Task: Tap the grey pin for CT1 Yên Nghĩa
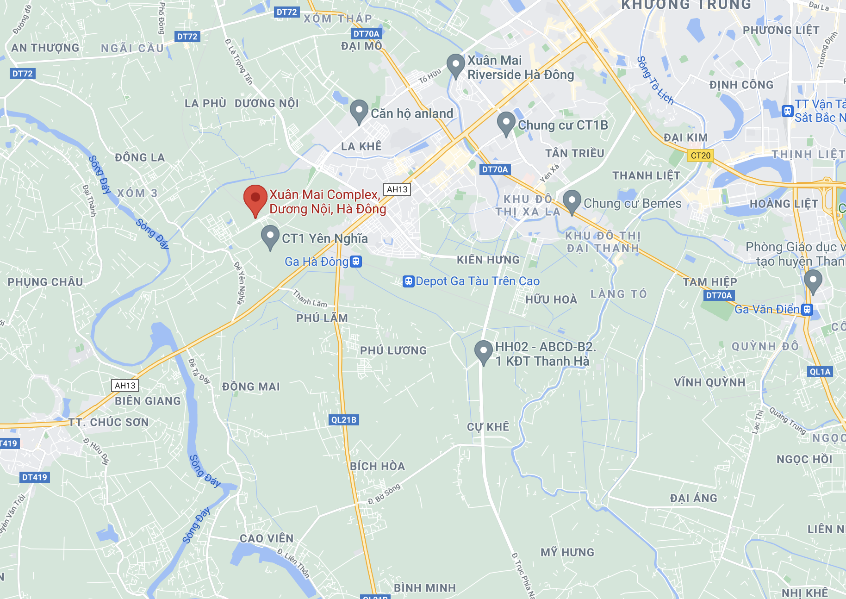(x=270, y=236)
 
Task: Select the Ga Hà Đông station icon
(x=355, y=262)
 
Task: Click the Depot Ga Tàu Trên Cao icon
(x=408, y=281)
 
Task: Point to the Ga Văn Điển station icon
(x=807, y=309)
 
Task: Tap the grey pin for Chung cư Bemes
(x=572, y=201)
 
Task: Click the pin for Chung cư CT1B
(x=506, y=123)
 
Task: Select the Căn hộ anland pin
(x=359, y=111)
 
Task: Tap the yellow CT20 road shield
(x=700, y=156)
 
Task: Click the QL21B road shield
(x=344, y=420)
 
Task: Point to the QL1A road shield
(x=820, y=372)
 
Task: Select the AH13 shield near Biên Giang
(x=125, y=386)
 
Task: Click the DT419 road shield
(x=35, y=477)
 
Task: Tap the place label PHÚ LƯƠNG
(x=393, y=351)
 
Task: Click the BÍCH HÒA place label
(x=377, y=466)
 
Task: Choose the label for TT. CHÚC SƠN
(x=109, y=422)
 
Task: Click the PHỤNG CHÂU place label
(x=45, y=282)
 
